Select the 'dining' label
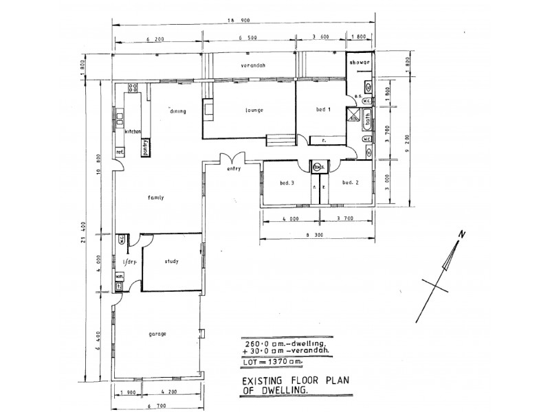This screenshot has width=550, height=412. coord(177,111)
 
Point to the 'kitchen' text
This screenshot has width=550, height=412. coord(133,130)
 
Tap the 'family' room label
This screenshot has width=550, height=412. coord(156,197)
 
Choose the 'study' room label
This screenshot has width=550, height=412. coord(172,261)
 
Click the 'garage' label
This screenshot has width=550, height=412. coord(157,334)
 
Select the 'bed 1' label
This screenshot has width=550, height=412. coord(324,111)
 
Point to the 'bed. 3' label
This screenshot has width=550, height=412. coord(287,183)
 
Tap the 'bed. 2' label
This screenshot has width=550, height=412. coord(351,183)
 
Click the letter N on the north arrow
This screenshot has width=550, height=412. coord(462,236)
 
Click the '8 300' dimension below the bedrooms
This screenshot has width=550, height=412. coord(316,234)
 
